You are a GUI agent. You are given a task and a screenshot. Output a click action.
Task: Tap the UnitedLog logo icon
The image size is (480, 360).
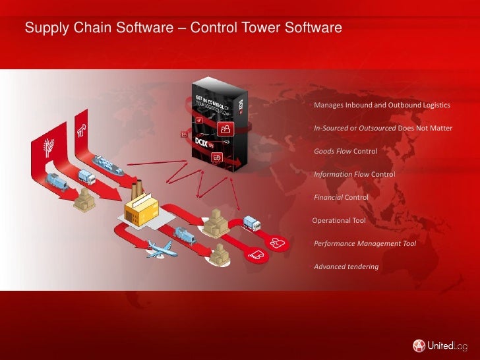tap(419, 345)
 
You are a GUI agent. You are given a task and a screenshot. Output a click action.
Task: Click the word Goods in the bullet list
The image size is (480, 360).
tap(324, 152)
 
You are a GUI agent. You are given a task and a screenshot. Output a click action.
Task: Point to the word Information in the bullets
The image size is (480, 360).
tap(332, 175)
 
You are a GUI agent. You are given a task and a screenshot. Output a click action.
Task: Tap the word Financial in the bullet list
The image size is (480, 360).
tap(328, 197)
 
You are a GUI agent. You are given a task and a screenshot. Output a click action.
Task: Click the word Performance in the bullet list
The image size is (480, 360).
tap(335, 243)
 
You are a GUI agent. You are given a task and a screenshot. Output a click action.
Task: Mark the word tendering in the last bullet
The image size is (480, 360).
tap(365, 266)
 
